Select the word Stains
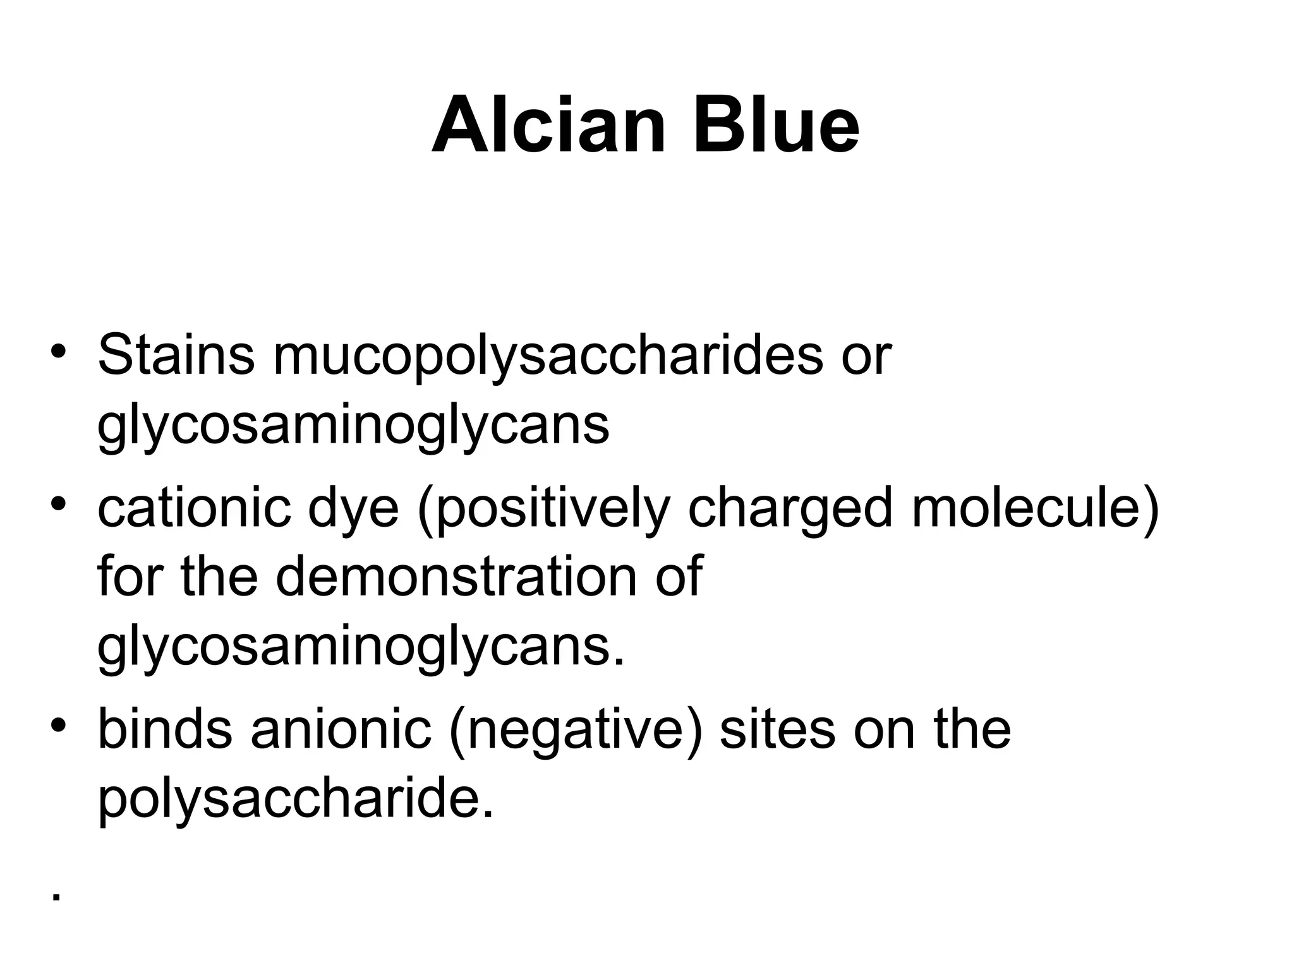coord(176,355)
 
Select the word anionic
coord(341,730)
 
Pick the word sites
coord(777,730)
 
